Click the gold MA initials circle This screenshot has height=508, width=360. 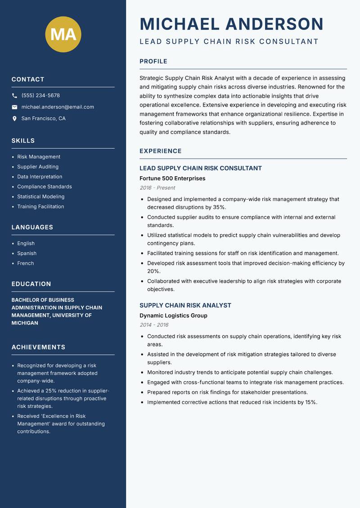[63, 34]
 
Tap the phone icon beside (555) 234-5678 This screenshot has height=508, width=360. [14, 96]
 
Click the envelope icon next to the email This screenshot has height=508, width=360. [14, 107]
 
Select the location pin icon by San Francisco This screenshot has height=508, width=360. [14, 119]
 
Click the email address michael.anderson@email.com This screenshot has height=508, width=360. [58, 107]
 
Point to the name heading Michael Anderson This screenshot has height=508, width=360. [231, 24]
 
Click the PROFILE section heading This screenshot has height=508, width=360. [153, 62]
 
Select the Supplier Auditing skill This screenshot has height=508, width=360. [38, 167]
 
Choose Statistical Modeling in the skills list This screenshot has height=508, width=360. [40, 196]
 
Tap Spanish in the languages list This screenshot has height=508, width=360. [27, 254]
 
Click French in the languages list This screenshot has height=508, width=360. [25, 263]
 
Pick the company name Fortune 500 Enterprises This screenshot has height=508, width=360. [172, 178]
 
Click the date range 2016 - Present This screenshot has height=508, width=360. [157, 188]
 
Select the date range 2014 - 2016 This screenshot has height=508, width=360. [154, 325]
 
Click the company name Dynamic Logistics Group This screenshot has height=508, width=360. [173, 316]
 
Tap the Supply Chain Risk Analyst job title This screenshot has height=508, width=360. [185, 305]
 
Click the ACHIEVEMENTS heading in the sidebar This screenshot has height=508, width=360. [38, 347]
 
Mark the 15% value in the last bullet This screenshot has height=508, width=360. [310, 402]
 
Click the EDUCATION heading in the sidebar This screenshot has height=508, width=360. [31, 284]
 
